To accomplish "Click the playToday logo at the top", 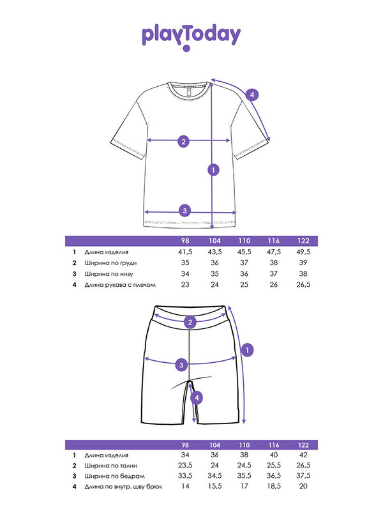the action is pyautogui.click(x=191, y=37).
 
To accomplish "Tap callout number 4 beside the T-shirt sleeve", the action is pyautogui.click(x=252, y=95).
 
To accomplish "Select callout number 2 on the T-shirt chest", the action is pyautogui.click(x=183, y=141).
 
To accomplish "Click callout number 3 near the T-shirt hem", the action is pyautogui.click(x=184, y=211).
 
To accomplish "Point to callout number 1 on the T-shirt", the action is pyautogui.click(x=213, y=170).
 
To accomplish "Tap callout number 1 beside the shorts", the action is pyautogui.click(x=248, y=350).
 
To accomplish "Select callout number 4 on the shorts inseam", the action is pyautogui.click(x=197, y=398).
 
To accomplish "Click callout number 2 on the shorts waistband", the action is pyautogui.click(x=190, y=323).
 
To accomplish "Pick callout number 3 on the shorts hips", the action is pyautogui.click(x=181, y=365).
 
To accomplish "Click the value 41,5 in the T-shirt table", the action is pyautogui.click(x=185, y=252).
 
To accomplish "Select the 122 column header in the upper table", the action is pyautogui.click(x=303, y=241).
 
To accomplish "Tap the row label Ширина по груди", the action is pyautogui.click(x=110, y=263).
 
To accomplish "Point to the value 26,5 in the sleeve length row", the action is pyautogui.click(x=303, y=285).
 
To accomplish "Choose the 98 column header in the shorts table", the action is pyautogui.click(x=185, y=445).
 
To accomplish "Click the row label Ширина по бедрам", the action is pyautogui.click(x=114, y=476).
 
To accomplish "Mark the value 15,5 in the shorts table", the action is pyautogui.click(x=214, y=486).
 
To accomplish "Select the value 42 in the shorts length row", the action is pyautogui.click(x=303, y=455).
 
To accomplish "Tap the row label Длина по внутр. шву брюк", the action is pyautogui.click(x=123, y=487).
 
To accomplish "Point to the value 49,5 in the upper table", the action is pyautogui.click(x=303, y=252).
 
